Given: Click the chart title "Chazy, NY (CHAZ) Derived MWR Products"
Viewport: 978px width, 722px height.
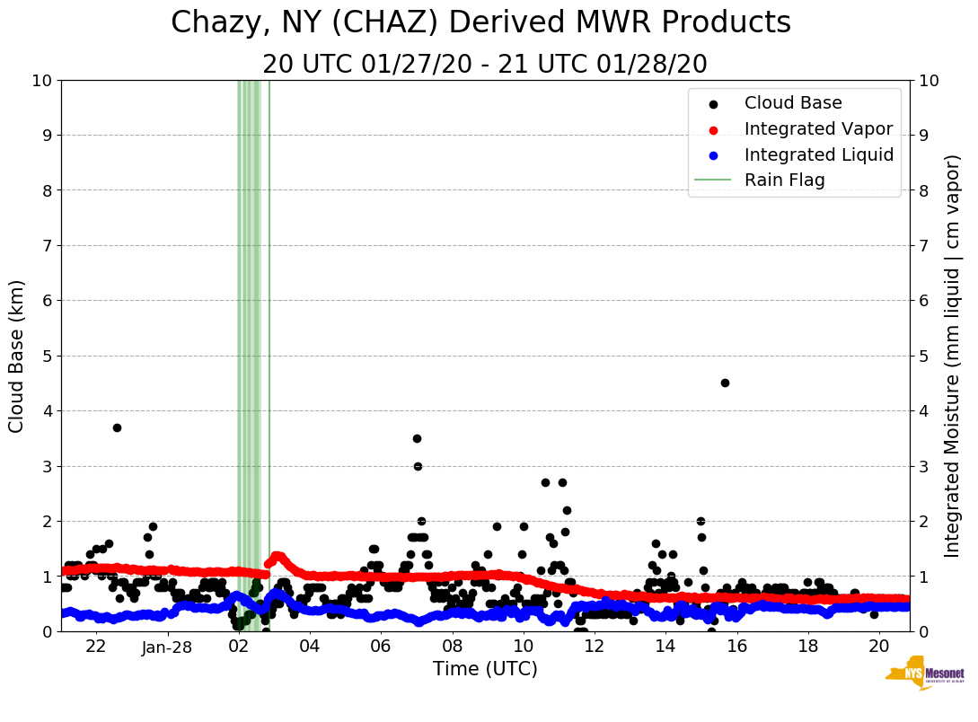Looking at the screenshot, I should coord(480,23).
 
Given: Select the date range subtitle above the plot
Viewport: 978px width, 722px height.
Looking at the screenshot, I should coord(485,65).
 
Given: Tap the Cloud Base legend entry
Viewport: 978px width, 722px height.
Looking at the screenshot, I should coord(793,103).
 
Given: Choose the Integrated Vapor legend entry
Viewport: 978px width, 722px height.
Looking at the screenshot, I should coord(818,128).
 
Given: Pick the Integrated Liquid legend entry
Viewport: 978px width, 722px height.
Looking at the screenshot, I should coord(818,154).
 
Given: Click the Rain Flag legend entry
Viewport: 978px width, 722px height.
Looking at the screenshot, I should coord(784,180).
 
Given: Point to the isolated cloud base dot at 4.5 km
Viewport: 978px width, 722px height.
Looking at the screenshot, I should coord(725,383).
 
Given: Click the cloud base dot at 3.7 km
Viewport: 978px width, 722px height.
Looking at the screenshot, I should coord(117,427).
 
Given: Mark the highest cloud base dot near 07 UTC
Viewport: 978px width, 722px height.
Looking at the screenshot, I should coord(417,438).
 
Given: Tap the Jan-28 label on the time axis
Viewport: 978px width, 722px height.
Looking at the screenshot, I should coord(167,647).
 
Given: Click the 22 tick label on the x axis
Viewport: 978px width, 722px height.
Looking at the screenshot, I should coord(96,647).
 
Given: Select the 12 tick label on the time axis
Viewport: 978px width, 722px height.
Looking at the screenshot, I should coord(594,647).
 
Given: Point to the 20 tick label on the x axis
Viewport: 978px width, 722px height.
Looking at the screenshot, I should coord(879,647).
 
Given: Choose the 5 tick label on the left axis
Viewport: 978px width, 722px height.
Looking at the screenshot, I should coord(48,356).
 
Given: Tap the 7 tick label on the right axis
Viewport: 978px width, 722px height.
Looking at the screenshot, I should coord(923,246).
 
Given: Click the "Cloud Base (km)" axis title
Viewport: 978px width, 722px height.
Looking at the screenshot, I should coord(17,356).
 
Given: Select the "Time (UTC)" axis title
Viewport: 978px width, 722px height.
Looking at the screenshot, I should coord(485,669).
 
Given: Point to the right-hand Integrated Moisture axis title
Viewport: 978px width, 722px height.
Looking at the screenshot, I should coord(953,356).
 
